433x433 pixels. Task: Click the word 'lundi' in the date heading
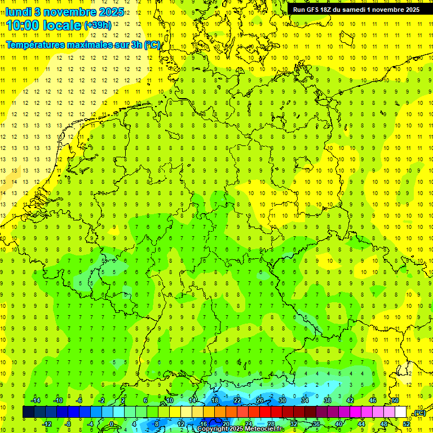(19, 11)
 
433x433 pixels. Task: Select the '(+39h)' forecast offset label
(98, 25)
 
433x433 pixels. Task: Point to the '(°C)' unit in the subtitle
(152, 45)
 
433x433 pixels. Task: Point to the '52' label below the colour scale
(407, 424)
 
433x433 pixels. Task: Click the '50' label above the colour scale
(395, 400)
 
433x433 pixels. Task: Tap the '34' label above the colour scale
(305, 400)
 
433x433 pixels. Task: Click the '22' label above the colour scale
(237, 400)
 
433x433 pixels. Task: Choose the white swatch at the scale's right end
(401, 412)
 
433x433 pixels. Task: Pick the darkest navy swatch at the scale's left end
(28, 412)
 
